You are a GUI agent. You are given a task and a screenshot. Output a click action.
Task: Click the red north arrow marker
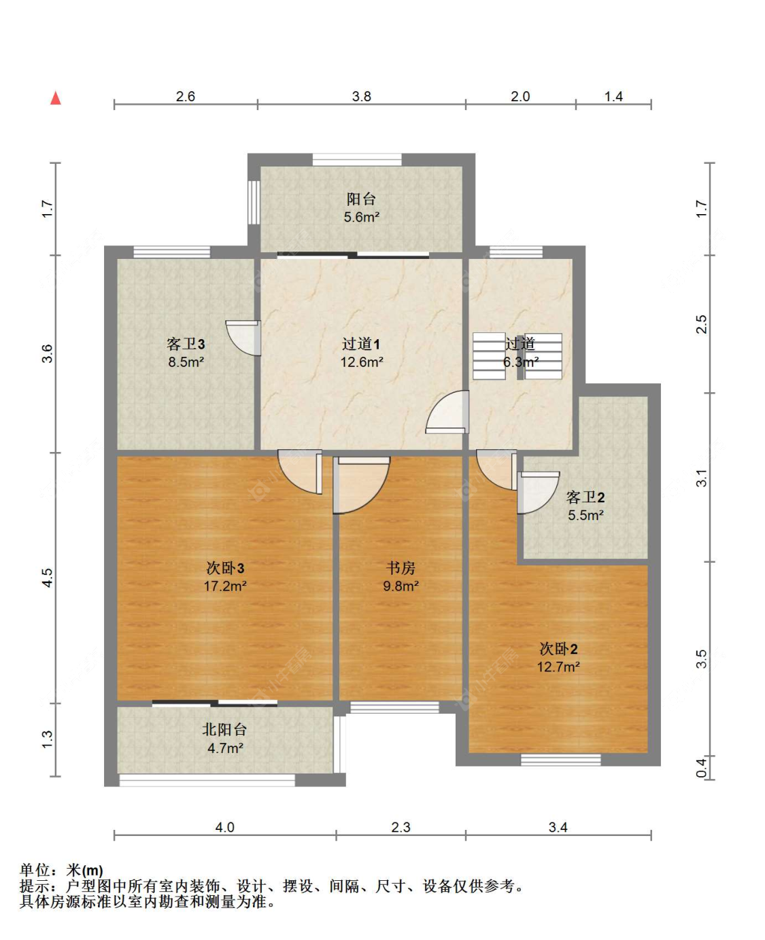56,99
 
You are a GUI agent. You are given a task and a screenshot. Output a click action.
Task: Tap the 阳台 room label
361,199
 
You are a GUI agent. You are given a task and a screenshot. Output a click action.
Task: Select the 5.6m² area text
361,217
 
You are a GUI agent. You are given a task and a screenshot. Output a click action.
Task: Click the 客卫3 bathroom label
186,345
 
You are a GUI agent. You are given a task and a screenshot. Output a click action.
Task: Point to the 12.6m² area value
361,362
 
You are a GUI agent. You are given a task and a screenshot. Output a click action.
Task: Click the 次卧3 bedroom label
225,568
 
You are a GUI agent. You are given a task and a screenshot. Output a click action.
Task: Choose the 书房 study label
401,568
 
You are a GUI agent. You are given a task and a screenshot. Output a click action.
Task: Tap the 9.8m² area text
401,586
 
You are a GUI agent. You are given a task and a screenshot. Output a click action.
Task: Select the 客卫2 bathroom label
585,497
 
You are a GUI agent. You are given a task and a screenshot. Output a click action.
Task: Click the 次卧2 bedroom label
558,648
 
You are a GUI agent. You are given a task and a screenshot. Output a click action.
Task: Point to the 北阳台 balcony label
224,729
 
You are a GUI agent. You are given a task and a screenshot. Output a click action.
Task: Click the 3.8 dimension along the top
361,97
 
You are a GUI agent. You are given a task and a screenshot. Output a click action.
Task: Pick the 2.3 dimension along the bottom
401,827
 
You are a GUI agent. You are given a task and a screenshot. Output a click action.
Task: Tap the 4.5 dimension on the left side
47,578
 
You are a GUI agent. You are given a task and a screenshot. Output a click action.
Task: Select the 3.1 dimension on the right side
702,478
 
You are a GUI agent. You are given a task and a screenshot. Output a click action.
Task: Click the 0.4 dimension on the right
702,767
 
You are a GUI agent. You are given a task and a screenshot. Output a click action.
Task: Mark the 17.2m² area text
225,586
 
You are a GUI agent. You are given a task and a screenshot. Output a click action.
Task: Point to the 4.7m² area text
225,748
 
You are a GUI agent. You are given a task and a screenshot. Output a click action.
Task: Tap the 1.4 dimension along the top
613,97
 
